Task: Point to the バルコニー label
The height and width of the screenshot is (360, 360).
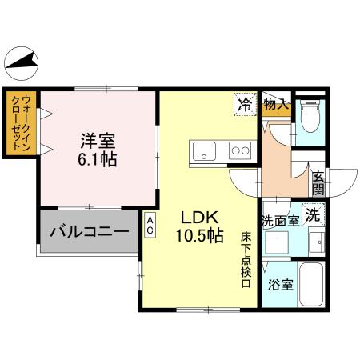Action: (x=89, y=233)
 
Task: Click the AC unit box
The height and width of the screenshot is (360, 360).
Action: (x=150, y=224)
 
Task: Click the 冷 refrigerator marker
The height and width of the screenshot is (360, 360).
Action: (x=246, y=104)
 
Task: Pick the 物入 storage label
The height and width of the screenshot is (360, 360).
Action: (x=275, y=104)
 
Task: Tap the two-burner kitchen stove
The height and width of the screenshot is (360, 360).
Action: (x=239, y=149)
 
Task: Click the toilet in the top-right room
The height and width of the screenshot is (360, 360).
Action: (x=310, y=117)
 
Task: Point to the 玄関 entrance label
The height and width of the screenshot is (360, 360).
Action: (x=318, y=183)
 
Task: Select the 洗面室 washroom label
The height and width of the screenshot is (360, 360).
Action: (x=278, y=217)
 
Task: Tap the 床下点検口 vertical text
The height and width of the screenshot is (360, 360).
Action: (x=246, y=258)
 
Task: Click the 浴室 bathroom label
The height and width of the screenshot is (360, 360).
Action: (x=279, y=284)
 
